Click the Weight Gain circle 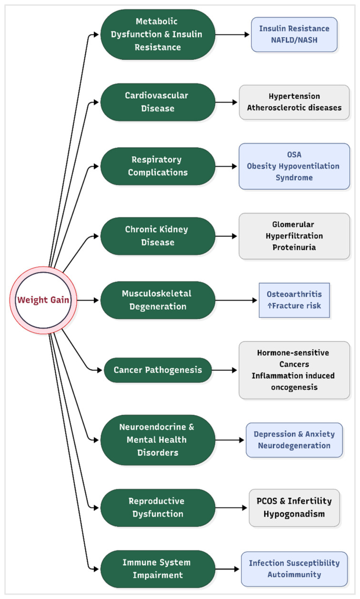[43, 301]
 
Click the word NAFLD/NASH [294, 41]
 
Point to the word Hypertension [294, 96]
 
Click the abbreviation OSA [294, 155]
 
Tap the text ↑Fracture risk [294, 306]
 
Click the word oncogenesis [294, 387]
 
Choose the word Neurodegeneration [294, 446]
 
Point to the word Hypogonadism [294, 514]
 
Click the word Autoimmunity [294, 575]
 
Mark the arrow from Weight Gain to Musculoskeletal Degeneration [88, 300]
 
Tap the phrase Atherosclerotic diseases [294, 108]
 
